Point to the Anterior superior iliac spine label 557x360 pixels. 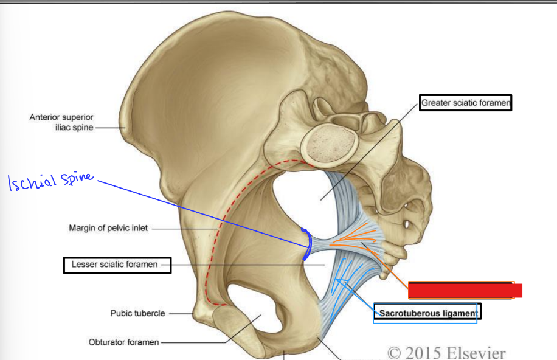pos(61,122)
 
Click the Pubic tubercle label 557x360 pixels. pos(137,314)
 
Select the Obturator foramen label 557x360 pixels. pos(123,342)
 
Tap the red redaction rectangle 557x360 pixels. pos(464,290)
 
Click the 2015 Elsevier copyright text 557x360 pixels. pos(447,352)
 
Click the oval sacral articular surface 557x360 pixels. pos(329,146)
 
